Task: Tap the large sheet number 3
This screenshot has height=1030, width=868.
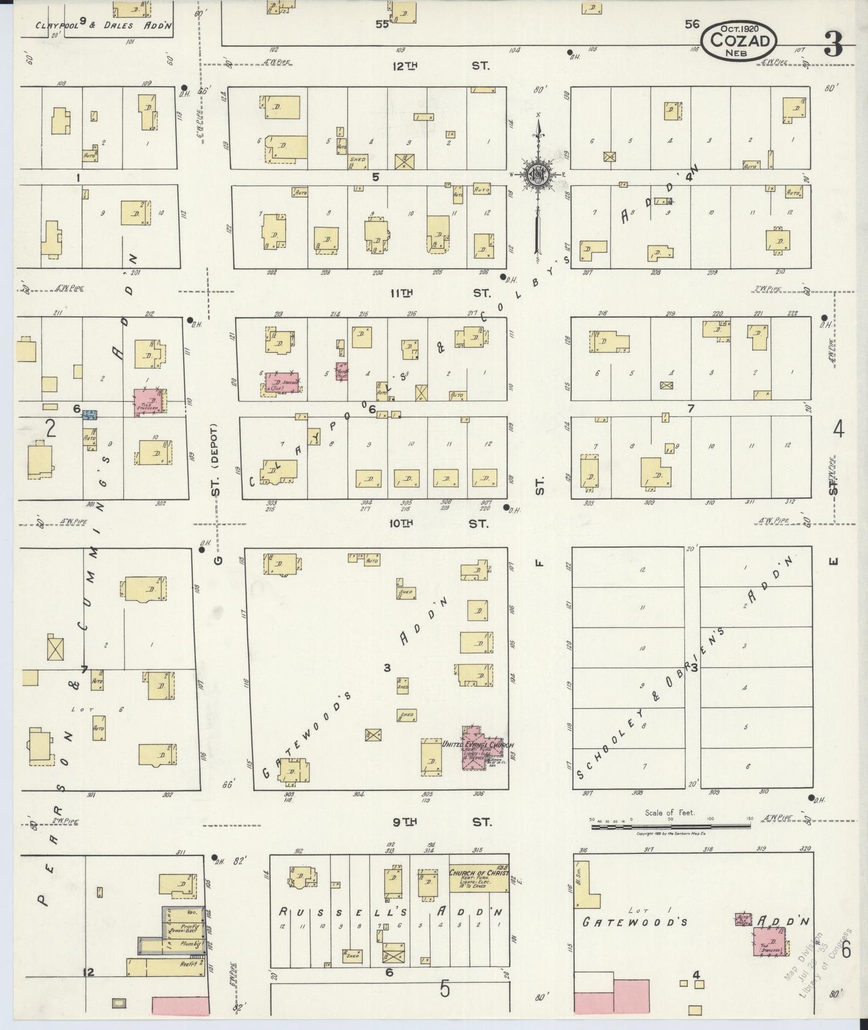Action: (833, 44)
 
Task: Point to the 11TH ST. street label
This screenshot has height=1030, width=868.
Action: (440, 293)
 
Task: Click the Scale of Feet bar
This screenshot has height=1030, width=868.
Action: (670, 827)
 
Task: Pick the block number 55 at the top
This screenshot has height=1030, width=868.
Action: (382, 24)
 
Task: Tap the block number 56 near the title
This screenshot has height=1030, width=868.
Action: (691, 24)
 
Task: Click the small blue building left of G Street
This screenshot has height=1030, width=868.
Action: (90, 413)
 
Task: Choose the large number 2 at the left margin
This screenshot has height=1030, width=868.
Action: (50, 428)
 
